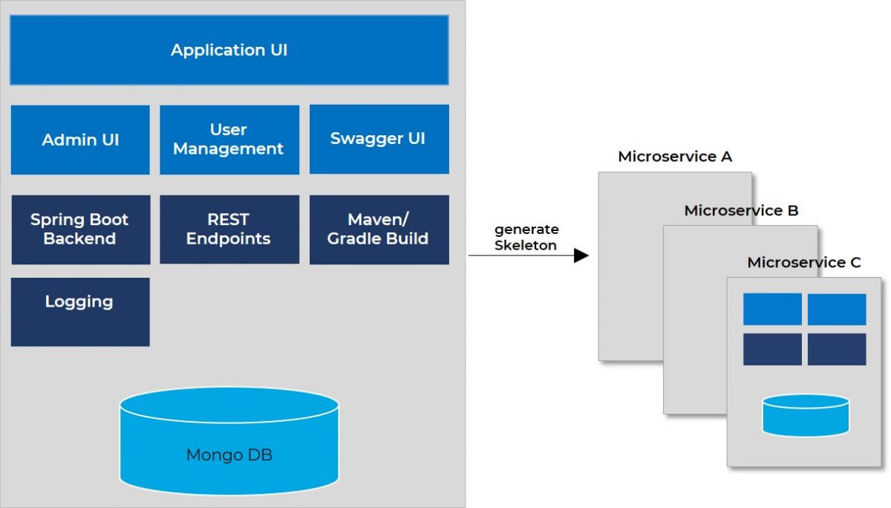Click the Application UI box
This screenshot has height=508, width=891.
coord(229,51)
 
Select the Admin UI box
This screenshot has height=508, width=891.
coord(80,140)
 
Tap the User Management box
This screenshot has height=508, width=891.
coord(229,140)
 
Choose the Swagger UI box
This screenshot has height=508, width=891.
coord(379,139)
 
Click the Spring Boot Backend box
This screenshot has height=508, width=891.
coord(80,229)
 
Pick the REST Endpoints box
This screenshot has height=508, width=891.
coord(229,229)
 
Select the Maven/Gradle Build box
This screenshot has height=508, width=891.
coord(379,229)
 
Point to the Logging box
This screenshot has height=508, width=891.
coord(80,311)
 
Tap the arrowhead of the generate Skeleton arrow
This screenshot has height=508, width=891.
coord(582,255)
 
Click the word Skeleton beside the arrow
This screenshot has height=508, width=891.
coord(526,246)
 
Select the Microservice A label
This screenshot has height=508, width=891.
coord(675,157)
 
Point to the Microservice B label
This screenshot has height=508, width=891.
coord(741,211)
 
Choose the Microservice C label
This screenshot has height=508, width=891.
coord(804,263)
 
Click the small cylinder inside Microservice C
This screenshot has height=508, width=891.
coord(805,415)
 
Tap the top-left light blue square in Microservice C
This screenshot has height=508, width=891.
coord(772,309)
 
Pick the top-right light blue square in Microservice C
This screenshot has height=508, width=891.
coord(837,309)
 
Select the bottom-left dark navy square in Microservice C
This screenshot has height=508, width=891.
coord(772,349)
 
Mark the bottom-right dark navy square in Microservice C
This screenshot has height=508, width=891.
coord(837,349)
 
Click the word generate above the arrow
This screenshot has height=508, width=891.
coord(526,229)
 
